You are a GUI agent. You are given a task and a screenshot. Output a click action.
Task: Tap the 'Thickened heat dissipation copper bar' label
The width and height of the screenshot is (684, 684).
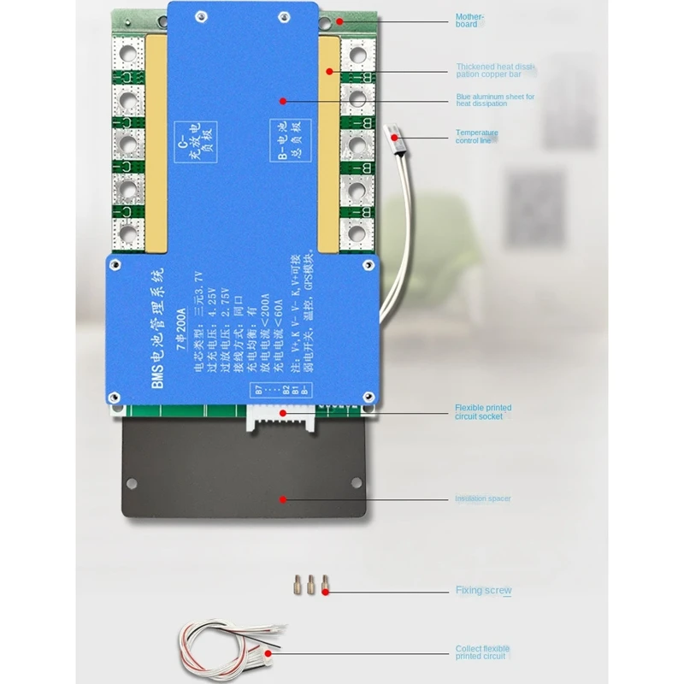coord(495,69)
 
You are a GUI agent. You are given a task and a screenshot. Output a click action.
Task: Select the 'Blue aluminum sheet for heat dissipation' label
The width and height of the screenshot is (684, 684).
coord(495,100)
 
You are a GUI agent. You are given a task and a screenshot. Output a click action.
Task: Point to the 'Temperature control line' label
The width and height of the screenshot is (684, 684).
coord(476,136)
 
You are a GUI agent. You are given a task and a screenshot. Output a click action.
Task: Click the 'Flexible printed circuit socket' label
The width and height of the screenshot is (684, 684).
coord(483,411)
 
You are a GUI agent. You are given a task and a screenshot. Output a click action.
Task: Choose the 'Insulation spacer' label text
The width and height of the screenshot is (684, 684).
coord(483,498)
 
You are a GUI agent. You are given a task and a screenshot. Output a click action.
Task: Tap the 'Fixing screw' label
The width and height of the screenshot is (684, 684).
coord(483,590)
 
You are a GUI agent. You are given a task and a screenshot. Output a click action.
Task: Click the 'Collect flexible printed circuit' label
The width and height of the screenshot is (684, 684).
coord(483,653)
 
